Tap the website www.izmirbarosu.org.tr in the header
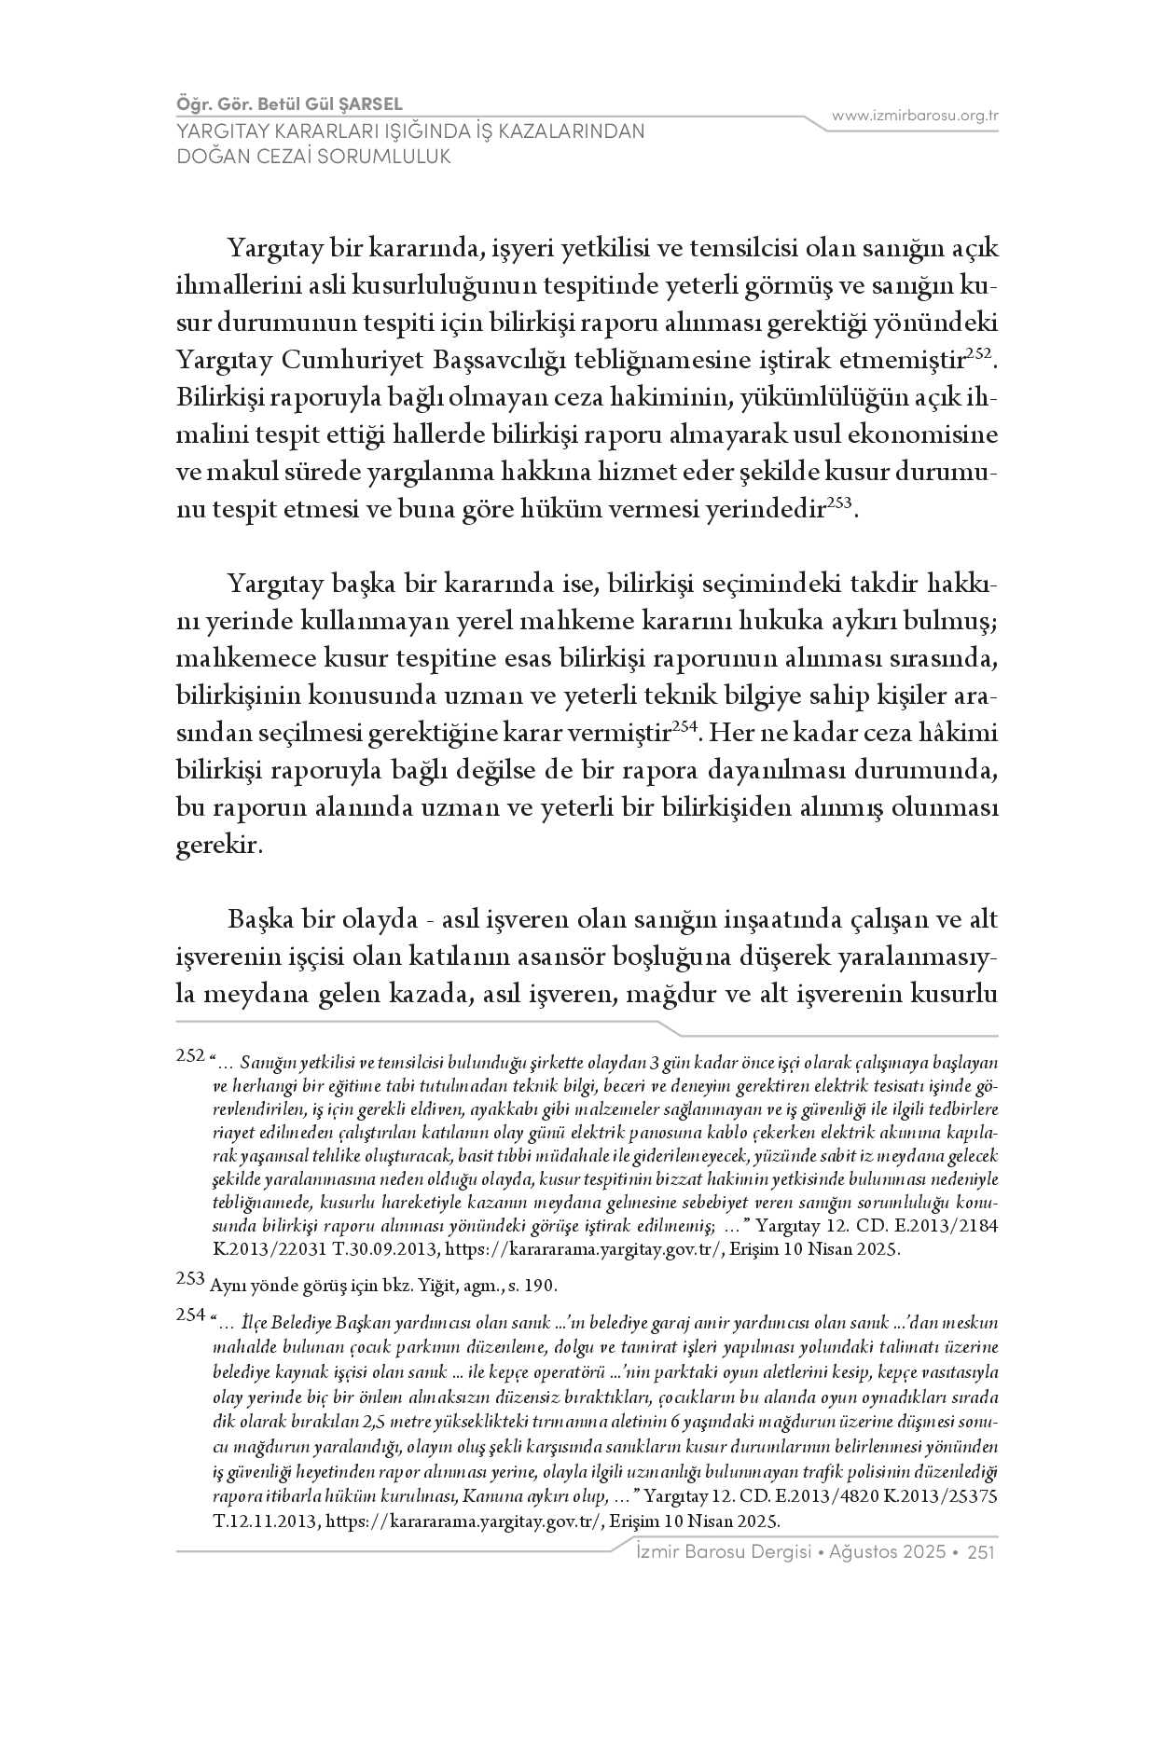[x=916, y=116]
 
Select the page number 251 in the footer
[x=983, y=1552]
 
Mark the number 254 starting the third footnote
[x=190, y=1315]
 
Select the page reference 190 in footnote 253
[x=540, y=1286]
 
